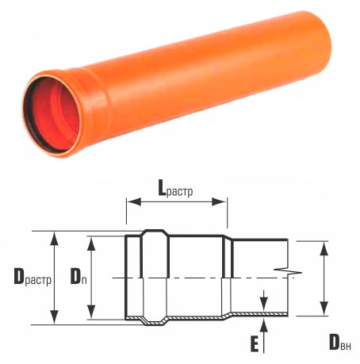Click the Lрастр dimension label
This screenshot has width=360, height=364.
175,189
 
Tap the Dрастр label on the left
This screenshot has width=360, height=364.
33,278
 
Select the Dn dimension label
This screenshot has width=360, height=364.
79,276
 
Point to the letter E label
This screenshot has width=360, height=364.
255,344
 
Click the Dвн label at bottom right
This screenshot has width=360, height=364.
340,342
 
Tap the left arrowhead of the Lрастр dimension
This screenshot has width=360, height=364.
133,202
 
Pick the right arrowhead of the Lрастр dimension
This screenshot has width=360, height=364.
219,202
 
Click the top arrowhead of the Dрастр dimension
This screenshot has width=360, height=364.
55,238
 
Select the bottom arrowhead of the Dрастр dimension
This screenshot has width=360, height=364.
55,317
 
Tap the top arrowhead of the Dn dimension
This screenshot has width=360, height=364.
91,243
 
